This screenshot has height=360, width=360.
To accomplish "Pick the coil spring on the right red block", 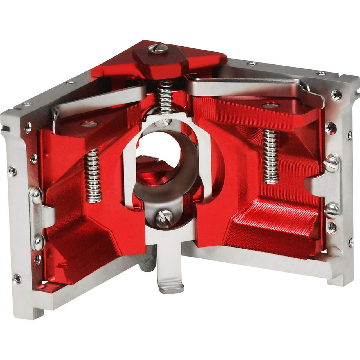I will [x=270, y=156].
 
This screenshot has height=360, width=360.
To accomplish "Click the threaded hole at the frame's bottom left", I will [x=17, y=278].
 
